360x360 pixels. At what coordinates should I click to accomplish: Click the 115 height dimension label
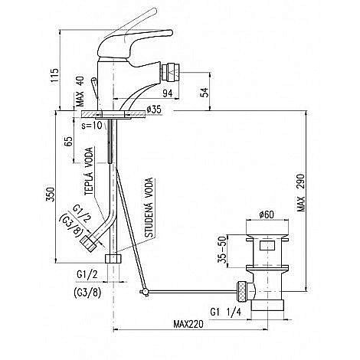[x=55, y=75]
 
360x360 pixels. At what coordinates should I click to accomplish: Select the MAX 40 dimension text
[x=80, y=91]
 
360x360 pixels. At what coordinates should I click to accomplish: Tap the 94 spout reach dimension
[x=168, y=93]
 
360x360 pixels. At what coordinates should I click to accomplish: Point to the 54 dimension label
[x=205, y=93]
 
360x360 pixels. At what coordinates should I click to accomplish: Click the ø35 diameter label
[x=154, y=110]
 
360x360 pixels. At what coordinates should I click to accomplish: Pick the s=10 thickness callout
[x=92, y=125]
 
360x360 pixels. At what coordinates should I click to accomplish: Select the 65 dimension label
[x=69, y=141]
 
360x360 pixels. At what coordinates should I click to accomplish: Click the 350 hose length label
[x=51, y=195]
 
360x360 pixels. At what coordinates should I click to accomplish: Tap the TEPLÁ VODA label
[x=89, y=172]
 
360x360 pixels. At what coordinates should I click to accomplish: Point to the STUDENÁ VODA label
[x=149, y=208]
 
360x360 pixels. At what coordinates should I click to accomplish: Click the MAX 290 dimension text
[x=301, y=193]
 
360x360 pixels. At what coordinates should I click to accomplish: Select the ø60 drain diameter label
[x=267, y=214]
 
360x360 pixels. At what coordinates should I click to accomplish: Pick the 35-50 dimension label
[x=222, y=250]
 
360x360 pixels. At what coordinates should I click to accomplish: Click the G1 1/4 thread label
[x=226, y=312]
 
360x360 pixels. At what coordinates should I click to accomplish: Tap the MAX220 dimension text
[x=188, y=324]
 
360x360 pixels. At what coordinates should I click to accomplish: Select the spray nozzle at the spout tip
[x=170, y=73]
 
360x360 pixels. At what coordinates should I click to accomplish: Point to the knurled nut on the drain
[x=242, y=291]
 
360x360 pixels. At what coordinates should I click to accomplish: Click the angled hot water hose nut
[x=88, y=244]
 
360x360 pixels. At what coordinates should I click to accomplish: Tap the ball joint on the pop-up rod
[x=145, y=292]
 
